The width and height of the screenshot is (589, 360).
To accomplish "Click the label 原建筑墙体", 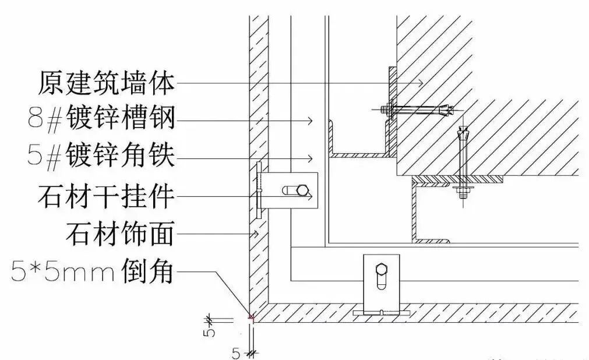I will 106,83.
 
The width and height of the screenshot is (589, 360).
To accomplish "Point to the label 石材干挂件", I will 106,196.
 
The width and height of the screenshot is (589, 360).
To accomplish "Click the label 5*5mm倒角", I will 93,271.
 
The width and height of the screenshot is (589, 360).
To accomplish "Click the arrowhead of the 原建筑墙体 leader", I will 421,83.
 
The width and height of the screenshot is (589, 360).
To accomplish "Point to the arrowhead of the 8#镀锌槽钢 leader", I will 311,121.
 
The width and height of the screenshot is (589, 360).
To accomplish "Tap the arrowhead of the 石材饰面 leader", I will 255,234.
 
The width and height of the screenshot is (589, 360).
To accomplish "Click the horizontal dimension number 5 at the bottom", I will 236,353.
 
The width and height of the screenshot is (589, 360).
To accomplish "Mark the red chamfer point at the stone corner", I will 252,318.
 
